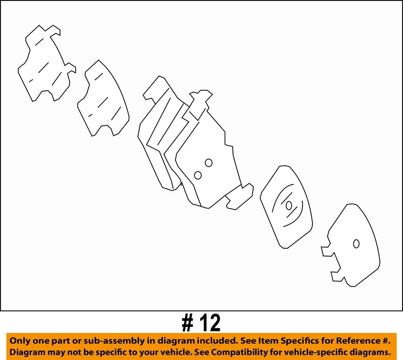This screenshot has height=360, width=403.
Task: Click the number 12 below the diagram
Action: click(x=210, y=323)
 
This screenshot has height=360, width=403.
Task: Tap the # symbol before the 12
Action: click(x=187, y=323)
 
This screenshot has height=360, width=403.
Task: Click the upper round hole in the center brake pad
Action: click(x=208, y=163)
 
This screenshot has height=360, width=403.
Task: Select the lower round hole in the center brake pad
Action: click(x=198, y=175)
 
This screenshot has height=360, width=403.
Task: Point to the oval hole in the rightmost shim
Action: click(x=356, y=243)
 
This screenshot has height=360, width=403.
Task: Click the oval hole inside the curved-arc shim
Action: click(x=289, y=206)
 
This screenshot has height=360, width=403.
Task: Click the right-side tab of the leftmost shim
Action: click(x=71, y=68)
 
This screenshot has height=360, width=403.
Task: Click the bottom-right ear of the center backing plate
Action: click(x=239, y=196)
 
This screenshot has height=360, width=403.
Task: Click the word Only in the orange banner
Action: click(x=20, y=341)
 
